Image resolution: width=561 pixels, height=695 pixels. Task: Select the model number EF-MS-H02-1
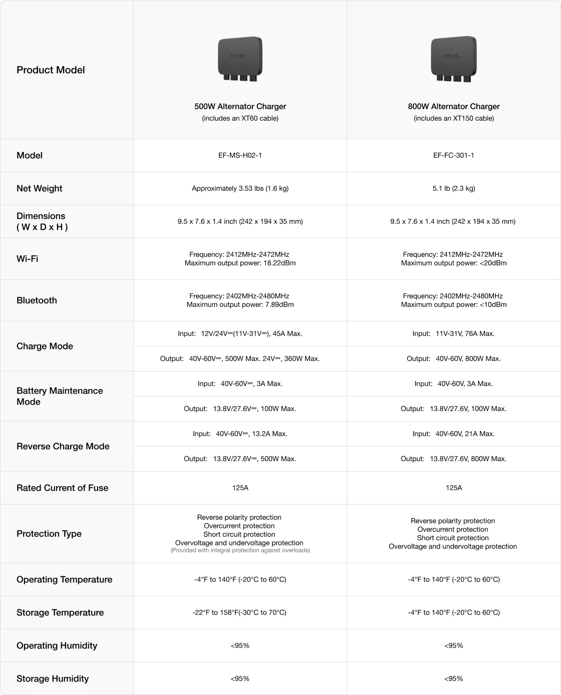pyautogui.click(x=240, y=155)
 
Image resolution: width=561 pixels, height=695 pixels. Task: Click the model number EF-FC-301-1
pyautogui.click(x=453, y=155)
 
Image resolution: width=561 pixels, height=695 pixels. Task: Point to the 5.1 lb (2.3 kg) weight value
pyautogui.click(x=453, y=188)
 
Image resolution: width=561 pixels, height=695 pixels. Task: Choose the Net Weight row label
pyautogui.click(x=40, y=188)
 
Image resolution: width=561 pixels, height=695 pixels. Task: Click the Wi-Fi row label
pyautogui.click(x=28, y=259)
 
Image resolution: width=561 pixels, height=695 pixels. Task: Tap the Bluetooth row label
pyautogui.click(x=37, y=300)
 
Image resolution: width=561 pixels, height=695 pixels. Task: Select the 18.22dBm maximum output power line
pyautogui.click(x=240, y=263)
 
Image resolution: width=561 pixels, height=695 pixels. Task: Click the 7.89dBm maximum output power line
pyautogui.click(x=240, y=305)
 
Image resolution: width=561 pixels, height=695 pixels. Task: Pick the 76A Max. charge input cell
pyautogui.click(x=453, y=333)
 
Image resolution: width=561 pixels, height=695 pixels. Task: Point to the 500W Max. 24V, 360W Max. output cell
pyautogui.click(x=240, y=359)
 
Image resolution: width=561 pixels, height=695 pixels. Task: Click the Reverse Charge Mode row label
pyautogui.click(x=63, y=446)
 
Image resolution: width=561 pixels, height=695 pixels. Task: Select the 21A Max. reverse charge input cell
pyautogui.click(x=453, y=434)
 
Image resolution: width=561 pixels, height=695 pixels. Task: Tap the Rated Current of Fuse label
pyautogui.click(x=62, y=488)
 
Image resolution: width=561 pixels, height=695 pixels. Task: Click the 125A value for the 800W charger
pyautogui.click(x=453, y=488)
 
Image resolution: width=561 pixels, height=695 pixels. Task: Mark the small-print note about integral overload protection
pyautogui.click(x=240, y=550)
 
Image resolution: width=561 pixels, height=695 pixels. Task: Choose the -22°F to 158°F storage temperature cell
pyautogui.click(x=239, y=612)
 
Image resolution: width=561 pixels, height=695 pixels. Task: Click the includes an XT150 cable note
pyautogui.click(x=453, y=119)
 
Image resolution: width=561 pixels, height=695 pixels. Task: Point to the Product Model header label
pyautogui.click(x=51, y=70)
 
